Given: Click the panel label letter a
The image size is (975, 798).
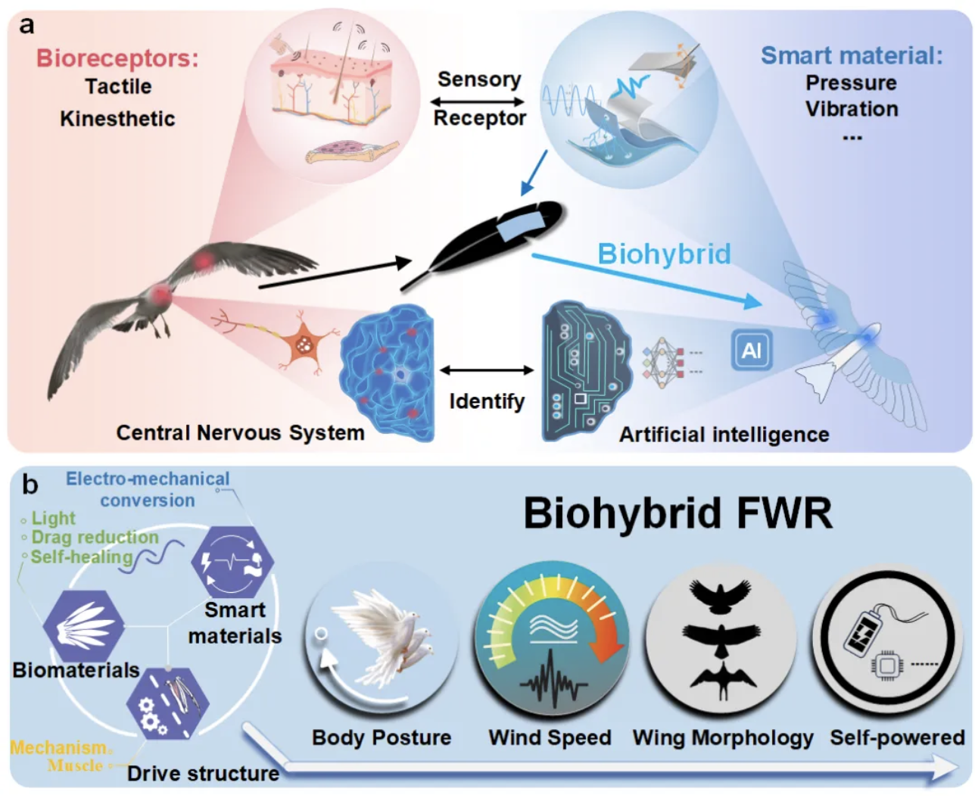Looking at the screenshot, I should pos(27,25).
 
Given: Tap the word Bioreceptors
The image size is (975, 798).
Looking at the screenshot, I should pos(117,58).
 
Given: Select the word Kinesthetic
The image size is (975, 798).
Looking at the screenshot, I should pos(117,119).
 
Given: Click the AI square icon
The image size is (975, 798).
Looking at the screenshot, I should pos(751,351).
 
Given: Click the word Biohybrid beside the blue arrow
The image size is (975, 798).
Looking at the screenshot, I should pos(664,254).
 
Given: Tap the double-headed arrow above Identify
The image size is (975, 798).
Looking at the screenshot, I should pos(487,370).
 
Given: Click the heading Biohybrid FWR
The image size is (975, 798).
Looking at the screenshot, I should pos(678,513).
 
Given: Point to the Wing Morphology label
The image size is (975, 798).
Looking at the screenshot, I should pos(723,737).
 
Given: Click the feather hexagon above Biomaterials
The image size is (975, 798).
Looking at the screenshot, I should pos(83,626).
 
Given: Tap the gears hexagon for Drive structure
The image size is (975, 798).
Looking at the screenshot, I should pos(167,704).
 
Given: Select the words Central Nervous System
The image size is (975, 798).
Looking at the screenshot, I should pos(240,432).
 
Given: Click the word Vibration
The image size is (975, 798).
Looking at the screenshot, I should pos(852,109).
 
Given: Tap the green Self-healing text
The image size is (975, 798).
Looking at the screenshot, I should pos(81,556).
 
